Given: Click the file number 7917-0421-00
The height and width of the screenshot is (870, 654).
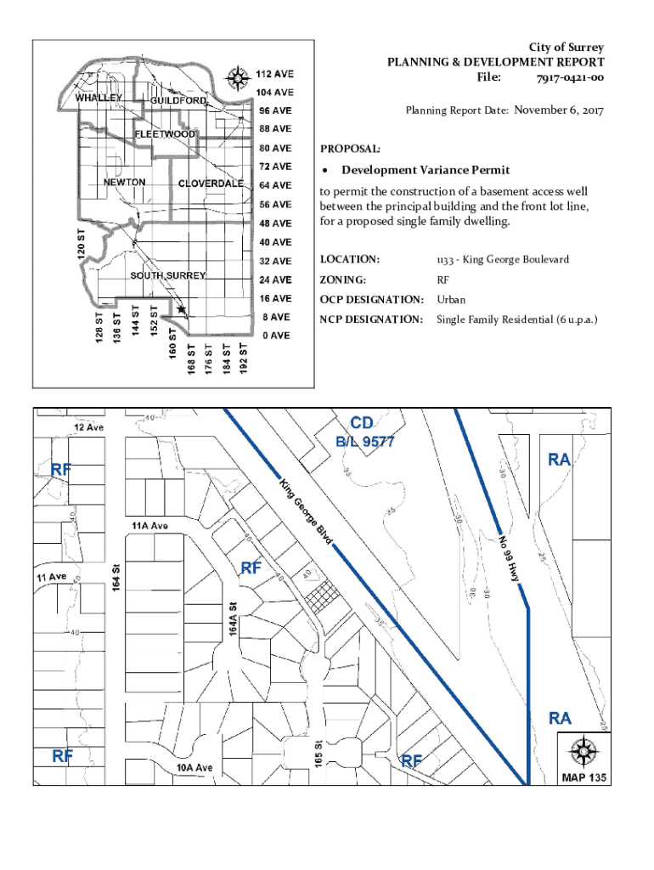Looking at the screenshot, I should (x=570, y=78).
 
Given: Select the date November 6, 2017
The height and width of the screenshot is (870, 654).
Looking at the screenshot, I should (x=558, y=110).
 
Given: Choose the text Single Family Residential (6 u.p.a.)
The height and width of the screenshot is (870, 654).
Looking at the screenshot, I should (x=517, y=319).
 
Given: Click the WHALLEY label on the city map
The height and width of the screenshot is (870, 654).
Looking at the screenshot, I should (x=99, y=98).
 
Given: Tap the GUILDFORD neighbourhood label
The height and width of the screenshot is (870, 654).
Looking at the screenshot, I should (x=178, y=101).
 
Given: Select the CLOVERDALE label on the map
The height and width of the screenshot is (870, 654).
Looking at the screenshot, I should (x=211, y=184).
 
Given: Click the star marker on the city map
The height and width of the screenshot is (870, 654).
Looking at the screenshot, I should (x=181, y=311).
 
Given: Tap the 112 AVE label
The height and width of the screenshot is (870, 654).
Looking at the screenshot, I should (x=275, y=73).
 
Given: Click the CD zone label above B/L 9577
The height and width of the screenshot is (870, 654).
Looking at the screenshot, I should (x=363, y=423).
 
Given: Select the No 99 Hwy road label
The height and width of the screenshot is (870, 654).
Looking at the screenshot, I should (x=515, y=556).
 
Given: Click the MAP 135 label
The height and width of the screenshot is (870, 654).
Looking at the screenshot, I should (x=584, y=777).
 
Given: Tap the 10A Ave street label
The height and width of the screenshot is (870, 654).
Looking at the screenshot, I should (x=195, y=768).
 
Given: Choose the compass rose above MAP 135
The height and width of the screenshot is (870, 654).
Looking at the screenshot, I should (x=584, y=751).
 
